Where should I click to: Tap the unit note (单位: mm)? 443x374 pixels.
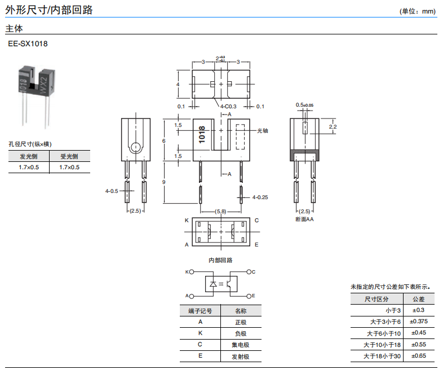click(x=418, y=11)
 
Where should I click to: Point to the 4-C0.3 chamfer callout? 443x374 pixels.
click(x=228, y=106)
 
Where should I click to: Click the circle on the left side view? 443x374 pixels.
click(x=135, y=148)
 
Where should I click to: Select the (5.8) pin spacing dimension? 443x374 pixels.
click(x=220, y=211)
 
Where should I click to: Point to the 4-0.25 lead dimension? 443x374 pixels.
click(x=260, y=197)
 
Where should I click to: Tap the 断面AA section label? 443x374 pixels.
click(x=304, y=219)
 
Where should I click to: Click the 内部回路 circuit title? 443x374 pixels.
click(x=220, y=260)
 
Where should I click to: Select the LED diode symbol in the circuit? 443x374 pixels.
click(x=212, y=284)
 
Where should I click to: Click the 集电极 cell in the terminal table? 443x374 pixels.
click(x=241, y=345)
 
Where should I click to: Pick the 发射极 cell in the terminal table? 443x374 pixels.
click(x=241, y=357)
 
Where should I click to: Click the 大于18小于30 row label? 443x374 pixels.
click(x=382, y=356)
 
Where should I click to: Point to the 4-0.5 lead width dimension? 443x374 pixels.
click(x=112, y=191)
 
